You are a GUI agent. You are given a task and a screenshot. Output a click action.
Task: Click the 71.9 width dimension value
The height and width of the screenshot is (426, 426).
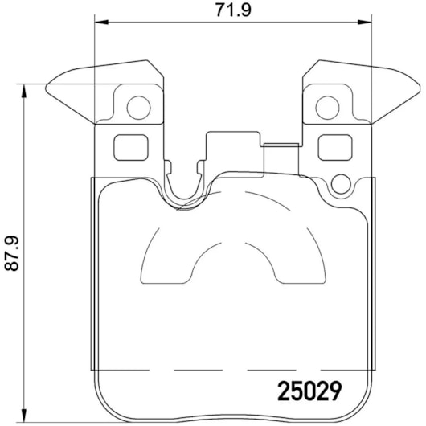click(233, 10)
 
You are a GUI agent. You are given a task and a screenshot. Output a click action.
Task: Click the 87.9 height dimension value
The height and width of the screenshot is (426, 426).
click(12, 253)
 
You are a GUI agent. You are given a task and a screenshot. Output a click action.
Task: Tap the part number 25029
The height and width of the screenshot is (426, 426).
click(309, 391)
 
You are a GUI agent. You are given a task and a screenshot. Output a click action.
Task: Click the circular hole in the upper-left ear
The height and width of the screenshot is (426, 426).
click(138, 108)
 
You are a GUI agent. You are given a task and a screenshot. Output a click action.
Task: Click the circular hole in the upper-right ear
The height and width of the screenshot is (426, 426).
click(327, 108)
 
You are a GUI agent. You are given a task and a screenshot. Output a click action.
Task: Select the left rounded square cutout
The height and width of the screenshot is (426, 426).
click(131, 148)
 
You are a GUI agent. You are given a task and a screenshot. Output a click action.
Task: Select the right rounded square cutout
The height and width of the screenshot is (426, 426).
click(335, 148)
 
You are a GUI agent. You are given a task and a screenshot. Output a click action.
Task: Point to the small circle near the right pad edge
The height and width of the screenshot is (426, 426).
click(341, 184)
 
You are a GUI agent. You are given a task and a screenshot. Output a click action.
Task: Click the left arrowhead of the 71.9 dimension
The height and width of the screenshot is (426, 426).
click(101, 22)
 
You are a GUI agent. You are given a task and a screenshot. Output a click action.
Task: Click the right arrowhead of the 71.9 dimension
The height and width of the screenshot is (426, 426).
click(365, 22)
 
